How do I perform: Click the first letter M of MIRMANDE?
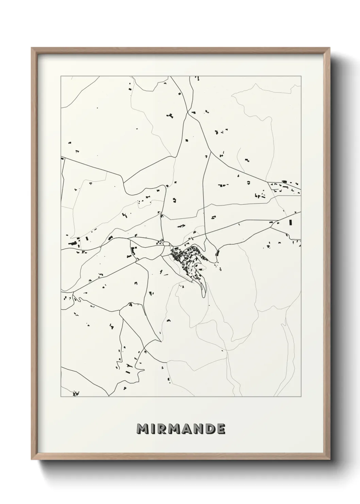click(143, 429)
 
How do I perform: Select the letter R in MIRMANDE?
click(163, 429)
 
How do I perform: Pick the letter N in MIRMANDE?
click(199, 429)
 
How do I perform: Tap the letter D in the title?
click(210, 429)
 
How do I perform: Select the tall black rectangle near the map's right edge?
click(290, 223)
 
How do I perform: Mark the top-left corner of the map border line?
click(61, 76)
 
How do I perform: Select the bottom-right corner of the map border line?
click(301, 397)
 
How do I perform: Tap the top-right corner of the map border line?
click(301, 76)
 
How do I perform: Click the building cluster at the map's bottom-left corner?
click(76, 394)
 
